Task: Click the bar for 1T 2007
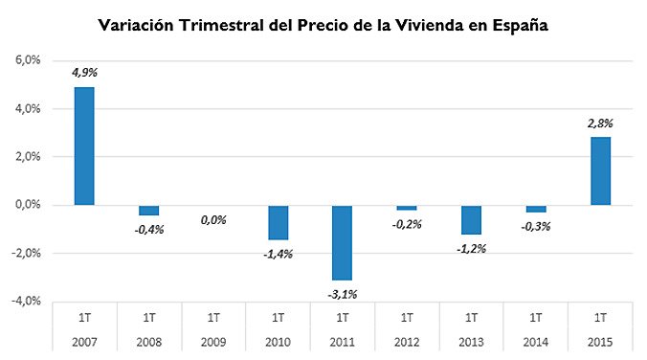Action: pyautogui.click(x=84, y=146)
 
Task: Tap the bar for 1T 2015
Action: pyautogui.click(x=600, y=170)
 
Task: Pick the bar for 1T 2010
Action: pyautogui.click(x=278, y=222)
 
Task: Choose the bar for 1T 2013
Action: pyautogui.click(x=471, y=219)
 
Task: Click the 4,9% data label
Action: pyautogui.click(x=84, y=72)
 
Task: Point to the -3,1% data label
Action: pyautogui.click(x=342, y=293)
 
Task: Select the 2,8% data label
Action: pyautogui.click(x=600, y=123)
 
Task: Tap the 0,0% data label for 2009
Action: pyautogui.click(x=212, y=220)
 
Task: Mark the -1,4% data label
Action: pyautogui.click(x=278, y=254)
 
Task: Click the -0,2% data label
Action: pyautogui.click(x=406, y=224)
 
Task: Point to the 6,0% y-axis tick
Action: pyautogui.click(x=26, y=60)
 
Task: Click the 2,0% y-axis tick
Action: pyautogui.click(x=26, y=157)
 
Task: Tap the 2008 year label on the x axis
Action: pyautogui.click(x=148, y=342)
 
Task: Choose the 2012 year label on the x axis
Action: pyautogui.click(x=406, y=342)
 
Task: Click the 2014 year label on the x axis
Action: pyautogui.click(x=535, y=342)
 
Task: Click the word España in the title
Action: pyautogui.click(x=514, y=26)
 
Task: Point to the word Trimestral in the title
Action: pyautogui.click(x=225, y=26)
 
